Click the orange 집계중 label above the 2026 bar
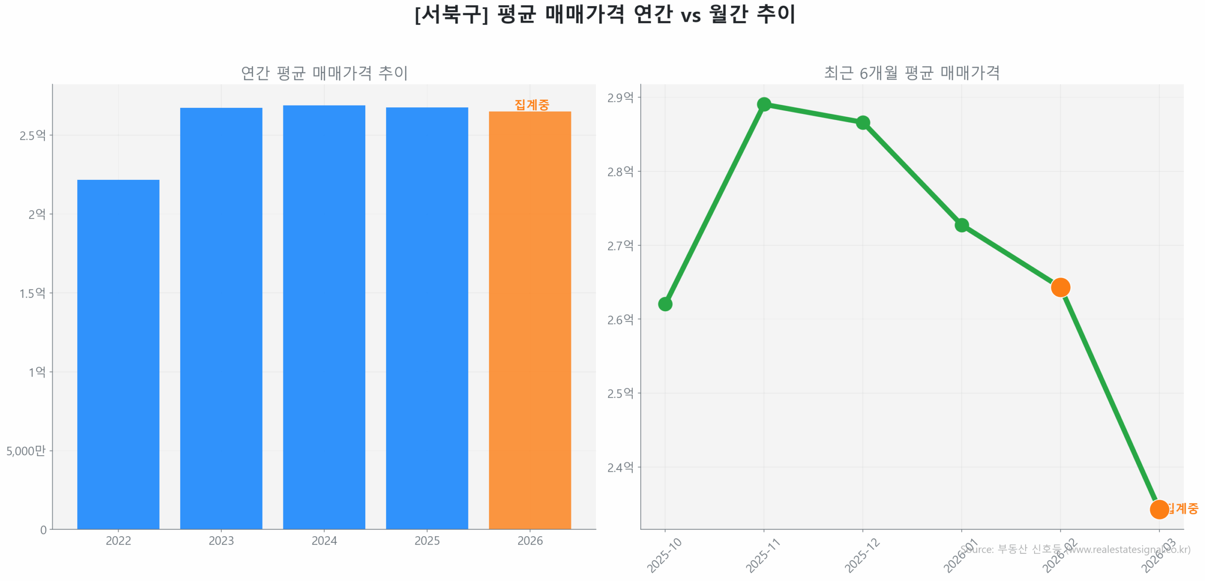tap(531, 104)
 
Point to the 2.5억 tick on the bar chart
tap(32, 136)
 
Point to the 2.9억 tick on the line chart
tap(619, 97)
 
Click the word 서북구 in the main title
tap(451, 14)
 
